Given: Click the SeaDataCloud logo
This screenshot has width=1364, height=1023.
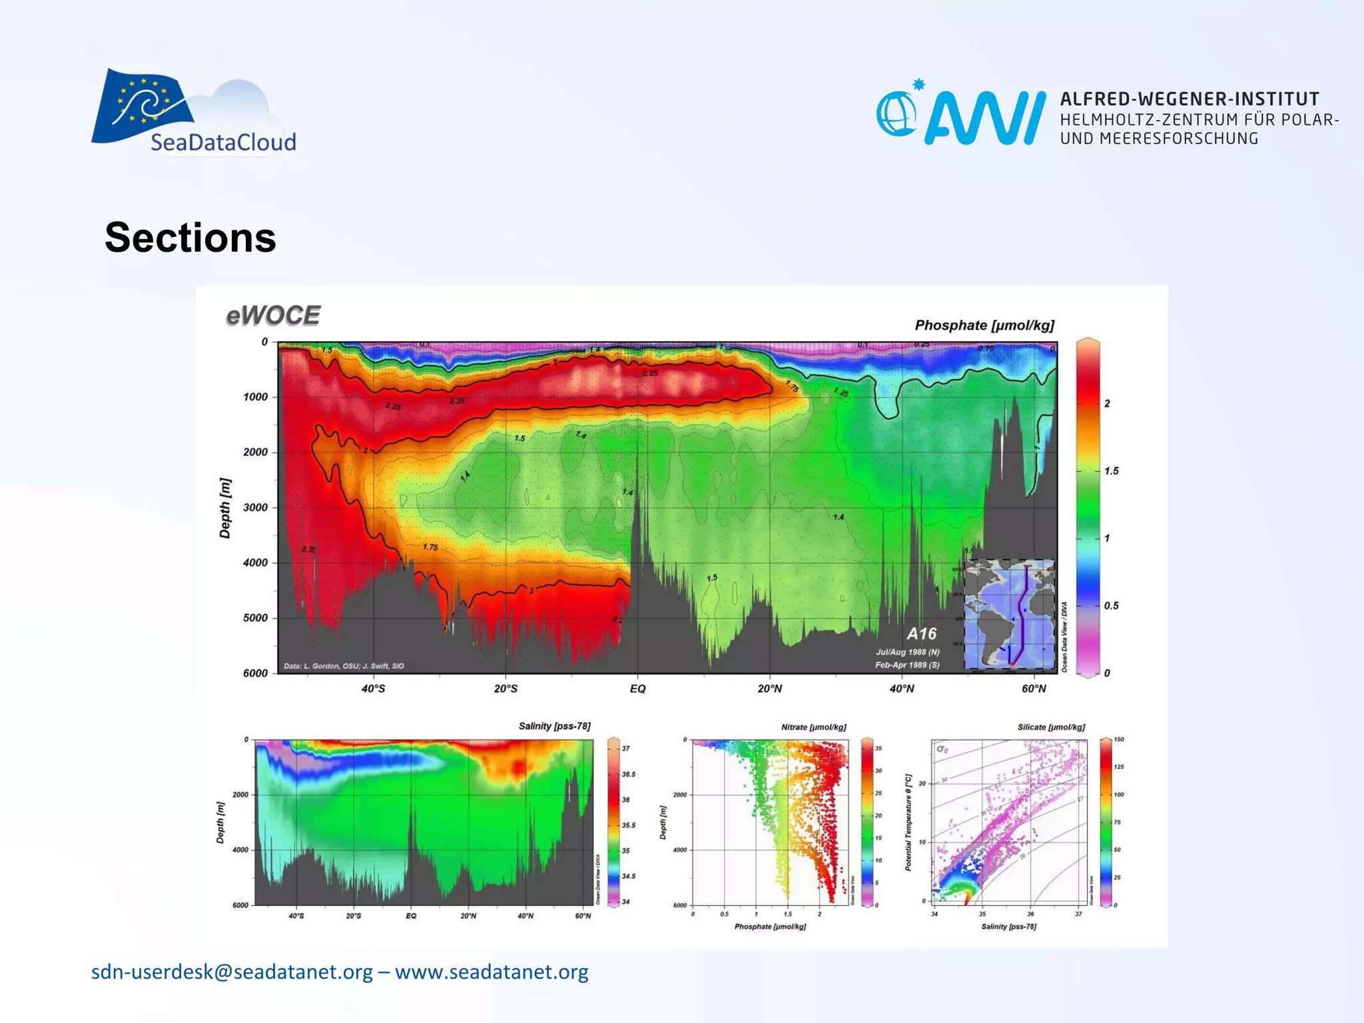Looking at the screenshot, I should pyautogui.click(x=193, y=112).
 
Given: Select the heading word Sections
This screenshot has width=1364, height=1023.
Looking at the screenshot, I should pyautogui.click(x=190, y=238).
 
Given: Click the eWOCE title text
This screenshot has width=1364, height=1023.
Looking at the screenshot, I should pyautogui.click(x=273, y=316).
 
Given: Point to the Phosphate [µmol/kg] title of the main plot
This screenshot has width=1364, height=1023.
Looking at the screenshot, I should pyautogui.click(x=984, y=325).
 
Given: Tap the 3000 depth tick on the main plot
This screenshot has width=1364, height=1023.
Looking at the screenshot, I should pyautogui.click(x=255, y=508).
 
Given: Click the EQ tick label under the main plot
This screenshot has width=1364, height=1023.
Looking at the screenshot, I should pyautogui.click(x=637, y=689).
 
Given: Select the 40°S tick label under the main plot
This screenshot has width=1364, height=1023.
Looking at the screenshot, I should pyautogui.click(x=373, y=689).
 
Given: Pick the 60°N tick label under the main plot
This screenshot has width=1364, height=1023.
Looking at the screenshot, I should pyautogui.click(x=1034, y=689).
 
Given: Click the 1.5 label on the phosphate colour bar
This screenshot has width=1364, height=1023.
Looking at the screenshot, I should pyautogui.click(x=1111, y=471).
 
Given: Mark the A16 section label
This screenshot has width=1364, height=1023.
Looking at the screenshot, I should pyautogui.click(x=921, y=633).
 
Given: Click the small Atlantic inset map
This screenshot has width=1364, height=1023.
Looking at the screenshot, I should pyautogui.click(x=1010, y=614).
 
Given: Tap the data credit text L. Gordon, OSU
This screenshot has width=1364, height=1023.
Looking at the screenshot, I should pyautogui.click(x=344, y=666).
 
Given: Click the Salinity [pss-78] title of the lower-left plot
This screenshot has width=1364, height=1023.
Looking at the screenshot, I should pyautogui.click(x=554, y=726).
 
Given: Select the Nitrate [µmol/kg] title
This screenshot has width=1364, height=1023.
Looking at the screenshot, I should pyautogui.click(x=813, y=727).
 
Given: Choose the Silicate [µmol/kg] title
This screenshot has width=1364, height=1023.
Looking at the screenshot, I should pyautogui.click(x=1051, y=727).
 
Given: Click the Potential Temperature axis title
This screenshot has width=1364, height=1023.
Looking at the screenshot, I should pyautogui.click(x=908, y=823).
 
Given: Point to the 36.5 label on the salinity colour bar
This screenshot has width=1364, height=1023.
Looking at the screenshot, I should pyautogui.click(x=628, y=775).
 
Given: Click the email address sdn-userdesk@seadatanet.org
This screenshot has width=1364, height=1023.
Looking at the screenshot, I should pyautogui.click(x=232, y=972).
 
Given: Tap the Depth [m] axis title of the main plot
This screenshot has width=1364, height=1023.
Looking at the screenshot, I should pyautogui.click(x=225, y=508).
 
